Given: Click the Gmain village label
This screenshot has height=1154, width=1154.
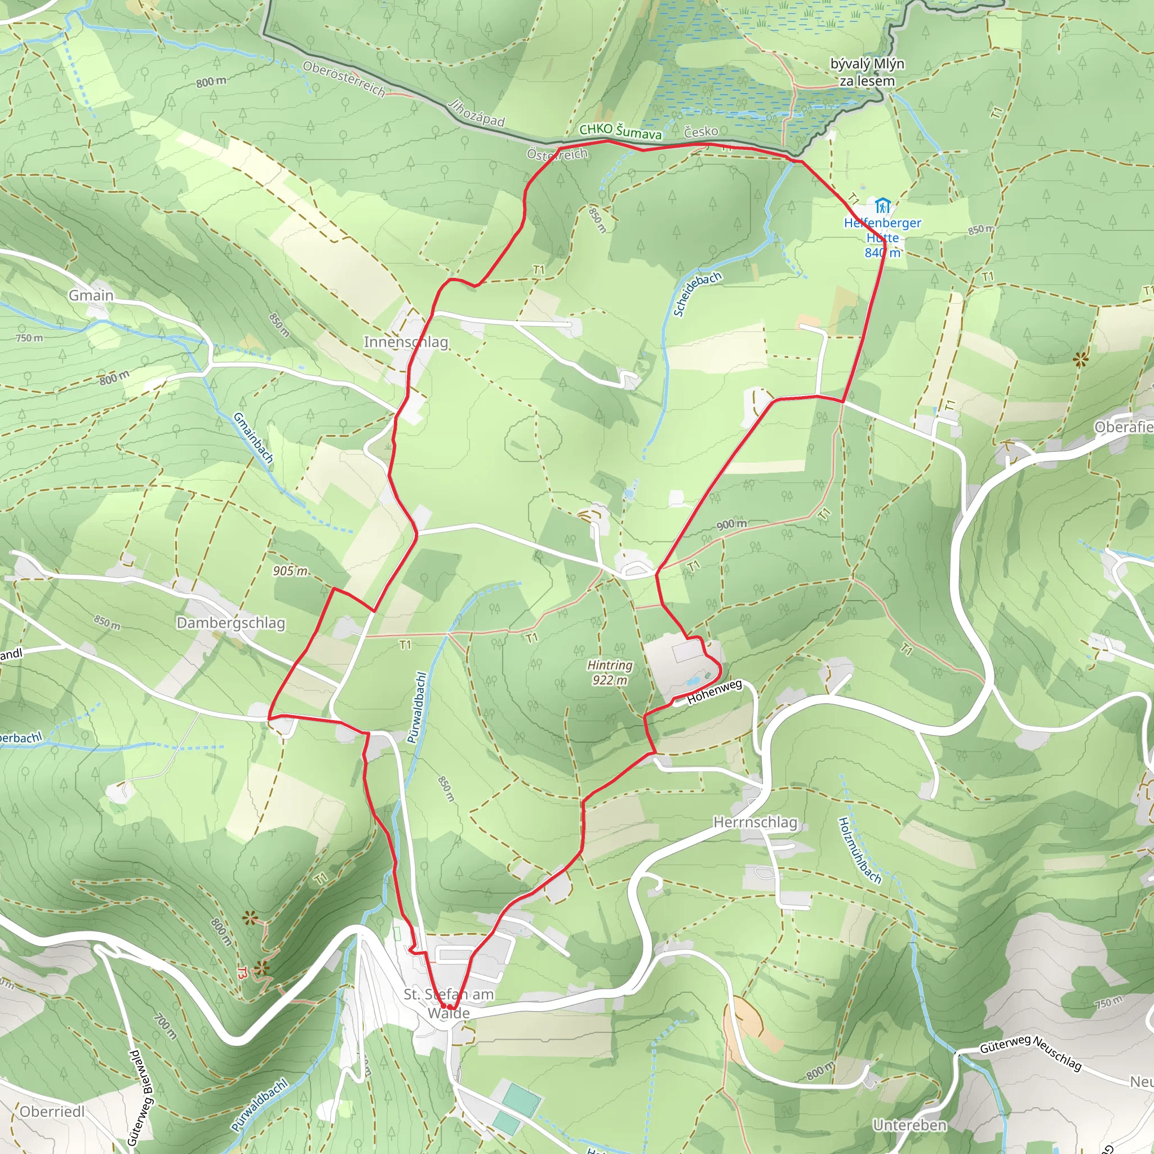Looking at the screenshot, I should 91,295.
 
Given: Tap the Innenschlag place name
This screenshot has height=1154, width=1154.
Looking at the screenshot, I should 406,341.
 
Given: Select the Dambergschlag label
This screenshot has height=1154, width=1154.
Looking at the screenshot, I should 230,623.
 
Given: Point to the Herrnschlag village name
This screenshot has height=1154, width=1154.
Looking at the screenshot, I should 755,822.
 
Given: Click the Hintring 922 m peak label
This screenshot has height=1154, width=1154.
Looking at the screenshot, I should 609,672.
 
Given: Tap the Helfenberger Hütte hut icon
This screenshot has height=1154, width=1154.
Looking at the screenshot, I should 882,206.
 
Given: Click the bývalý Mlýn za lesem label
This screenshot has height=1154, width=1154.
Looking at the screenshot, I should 867,72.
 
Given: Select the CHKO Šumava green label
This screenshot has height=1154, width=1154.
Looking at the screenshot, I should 620,131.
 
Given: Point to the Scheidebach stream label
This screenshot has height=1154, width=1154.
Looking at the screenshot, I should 697,294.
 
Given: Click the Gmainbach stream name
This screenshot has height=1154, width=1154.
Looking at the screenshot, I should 252,438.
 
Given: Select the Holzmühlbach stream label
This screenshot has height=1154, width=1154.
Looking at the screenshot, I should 859,850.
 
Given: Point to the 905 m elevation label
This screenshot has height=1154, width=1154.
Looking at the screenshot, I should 290,571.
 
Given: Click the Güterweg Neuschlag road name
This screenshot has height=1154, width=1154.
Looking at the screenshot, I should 1031,1053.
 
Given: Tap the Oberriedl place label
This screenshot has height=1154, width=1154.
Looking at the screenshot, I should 52,1111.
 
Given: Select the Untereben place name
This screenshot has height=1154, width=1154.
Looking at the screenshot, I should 909,1125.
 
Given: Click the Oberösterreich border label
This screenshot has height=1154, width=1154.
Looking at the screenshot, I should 344,79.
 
